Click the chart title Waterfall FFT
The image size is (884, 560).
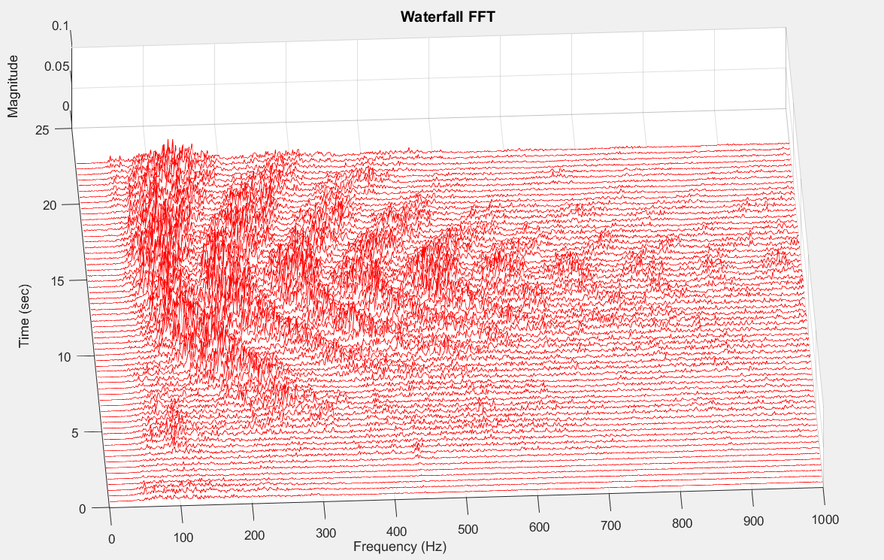[x=448, y=16]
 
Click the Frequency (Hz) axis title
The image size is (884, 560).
[x=399, y=546]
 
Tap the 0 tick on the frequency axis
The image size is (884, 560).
[x=112, y=538]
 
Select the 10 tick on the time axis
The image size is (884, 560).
[x=63, y=356]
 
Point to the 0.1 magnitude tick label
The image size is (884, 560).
[x=61, y=26]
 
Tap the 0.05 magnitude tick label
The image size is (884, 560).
[x=56, y=66]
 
